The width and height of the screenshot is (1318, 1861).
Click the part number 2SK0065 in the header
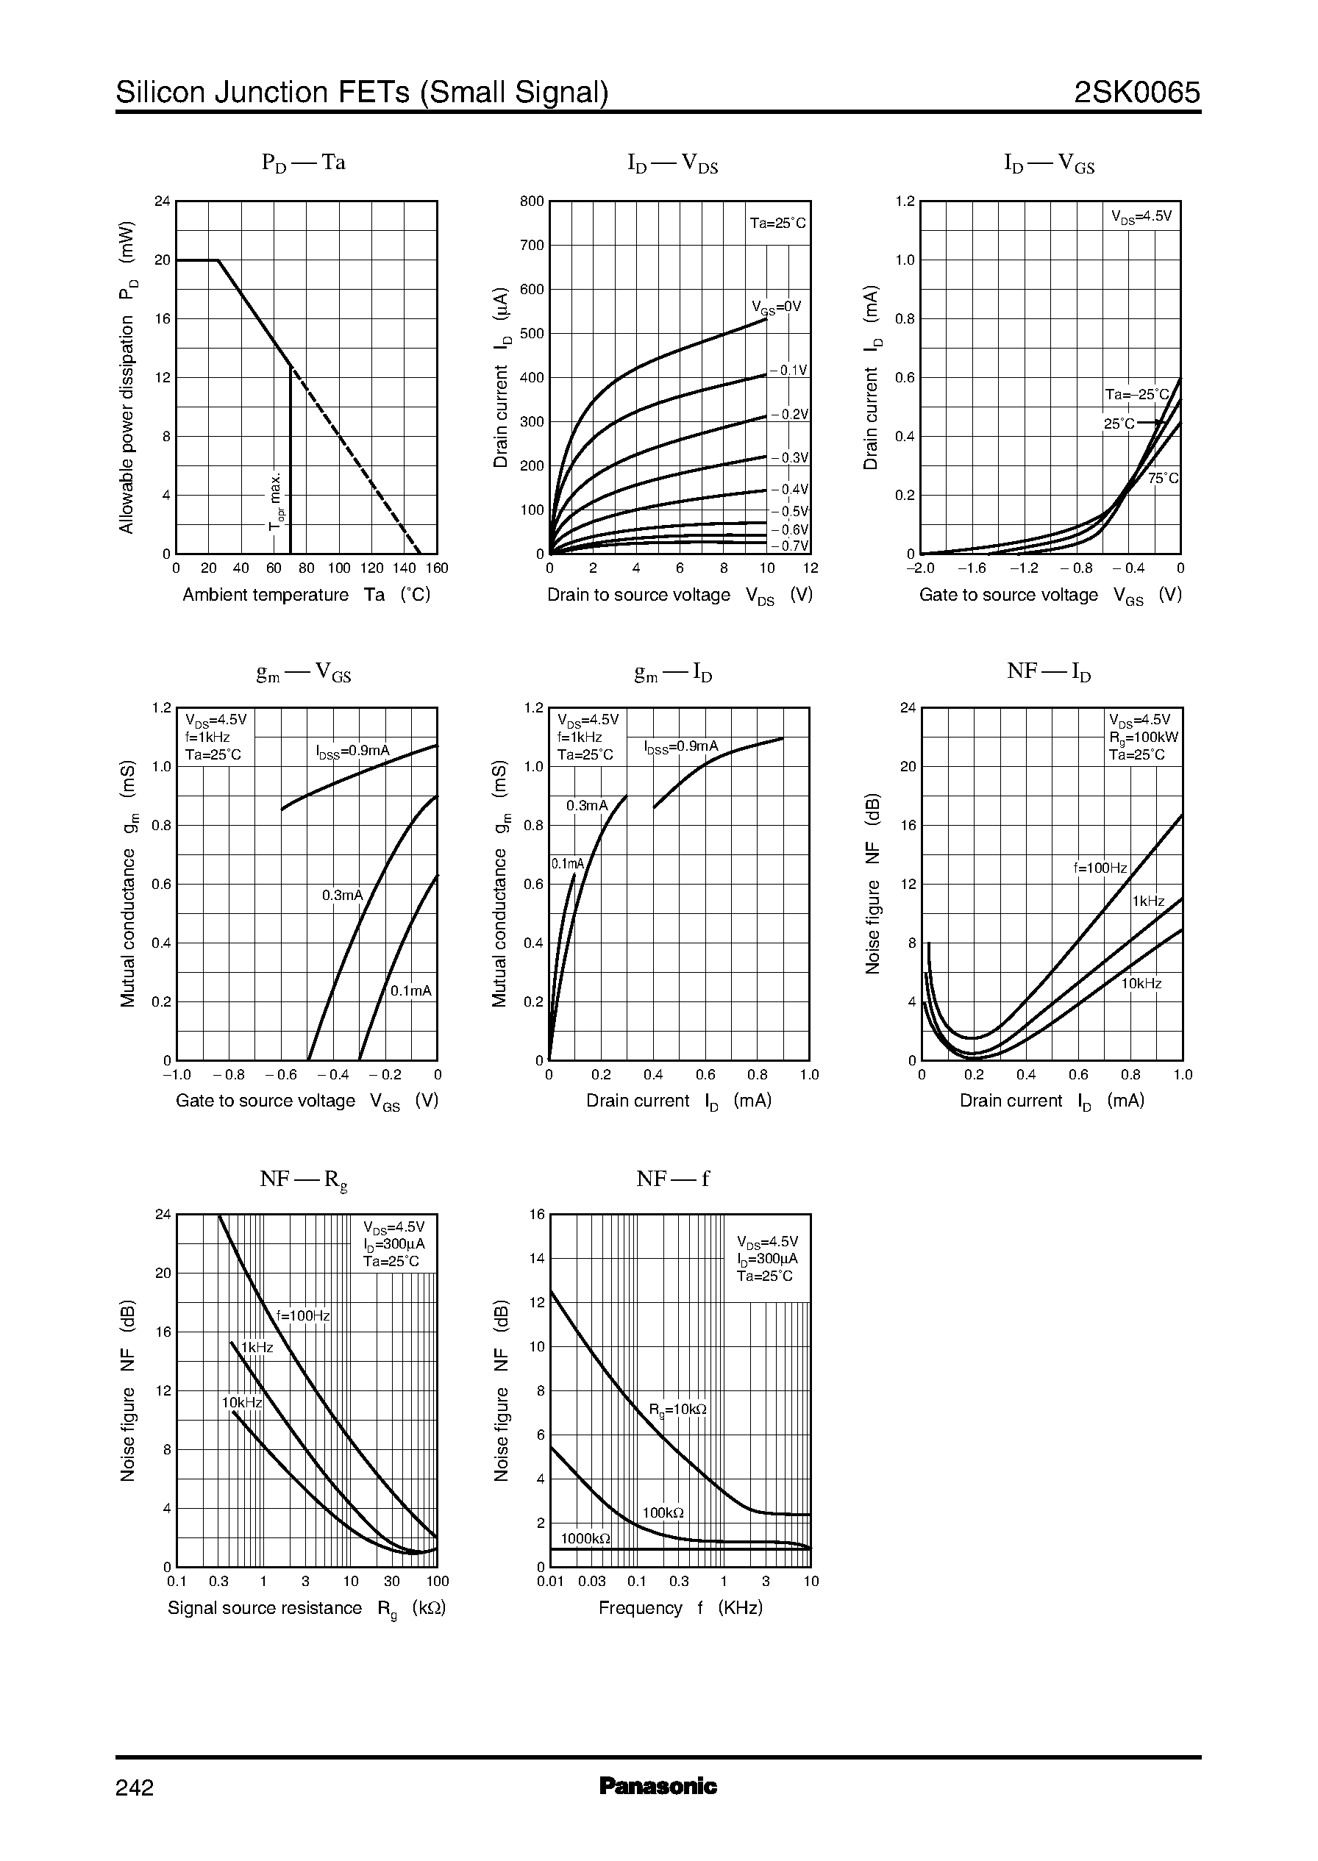pos(1136,93)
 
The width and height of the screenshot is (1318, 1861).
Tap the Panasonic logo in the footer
pos(658,1785)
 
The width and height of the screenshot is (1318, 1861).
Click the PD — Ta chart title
pos(304,163)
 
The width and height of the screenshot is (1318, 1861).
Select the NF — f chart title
pos(672,1179)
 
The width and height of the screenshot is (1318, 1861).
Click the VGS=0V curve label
pos(776,307)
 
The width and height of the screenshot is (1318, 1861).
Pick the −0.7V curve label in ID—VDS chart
pos(790,546)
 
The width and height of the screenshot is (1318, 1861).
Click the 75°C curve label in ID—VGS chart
pos(1163,479)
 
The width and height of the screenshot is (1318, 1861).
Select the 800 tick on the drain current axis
pos(532,201)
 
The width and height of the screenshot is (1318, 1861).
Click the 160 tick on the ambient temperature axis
pos(438,568)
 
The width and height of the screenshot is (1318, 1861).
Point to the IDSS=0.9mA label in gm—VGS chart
pos(353,751)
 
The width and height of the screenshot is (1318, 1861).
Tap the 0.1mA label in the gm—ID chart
pos(567,864)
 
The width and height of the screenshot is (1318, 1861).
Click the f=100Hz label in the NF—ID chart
pos(1100,868)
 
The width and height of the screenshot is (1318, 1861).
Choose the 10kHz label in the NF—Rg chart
pos(242,1403)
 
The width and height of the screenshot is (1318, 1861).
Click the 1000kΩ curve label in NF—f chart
pos(585,1538)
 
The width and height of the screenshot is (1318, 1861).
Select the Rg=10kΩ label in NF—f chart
pos(677,1410)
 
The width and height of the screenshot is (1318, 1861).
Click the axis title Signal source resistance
pos(265,1608)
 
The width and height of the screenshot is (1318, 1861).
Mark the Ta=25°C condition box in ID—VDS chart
pos(777,223)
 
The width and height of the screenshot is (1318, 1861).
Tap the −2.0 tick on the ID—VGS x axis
pos(920,568)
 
